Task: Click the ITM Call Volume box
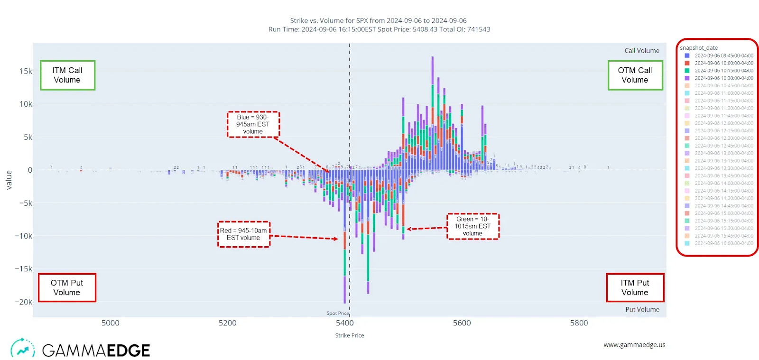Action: coord(67,75)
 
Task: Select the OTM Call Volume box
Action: coord(635,75)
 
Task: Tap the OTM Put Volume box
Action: coord(67,287)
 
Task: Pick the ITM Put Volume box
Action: coord(635,287)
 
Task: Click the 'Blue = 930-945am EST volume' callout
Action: coord(253,124)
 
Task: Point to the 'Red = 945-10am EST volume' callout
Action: coord(243,234)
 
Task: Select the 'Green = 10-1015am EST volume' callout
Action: coord(472,226)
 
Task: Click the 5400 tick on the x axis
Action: coord(344,323)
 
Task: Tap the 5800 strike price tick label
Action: coord(579,323)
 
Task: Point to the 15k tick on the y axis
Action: coord(26,71)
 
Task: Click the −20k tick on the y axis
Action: coord(23,302)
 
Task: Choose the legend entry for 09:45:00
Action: coord(723,55)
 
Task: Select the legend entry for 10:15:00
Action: coord(723,71)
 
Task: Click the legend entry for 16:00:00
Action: coord(723,243)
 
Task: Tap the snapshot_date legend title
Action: coord(698,48)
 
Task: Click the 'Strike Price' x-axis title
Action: coord(350,335)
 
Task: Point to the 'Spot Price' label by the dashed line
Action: coord(337,313)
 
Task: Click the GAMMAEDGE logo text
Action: coord(96,351)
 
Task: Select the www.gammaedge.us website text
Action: coord(634,345)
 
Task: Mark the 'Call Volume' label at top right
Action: coord(642,51)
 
